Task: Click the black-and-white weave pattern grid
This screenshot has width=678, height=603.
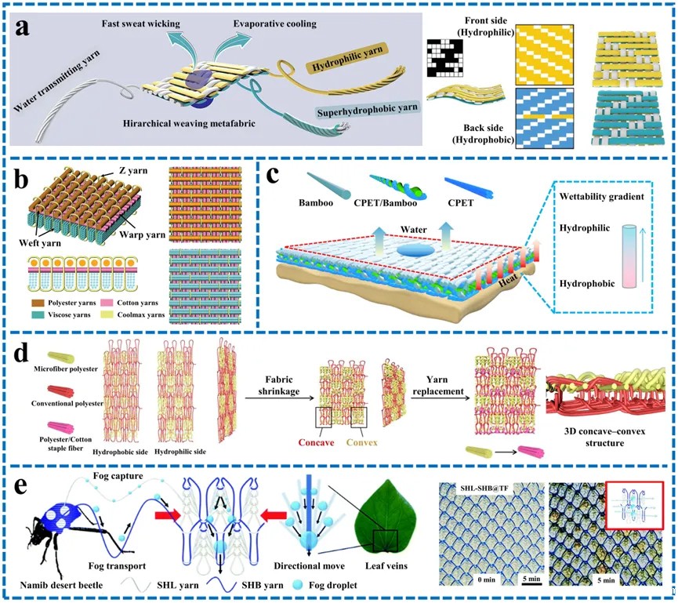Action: [446, 58]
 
